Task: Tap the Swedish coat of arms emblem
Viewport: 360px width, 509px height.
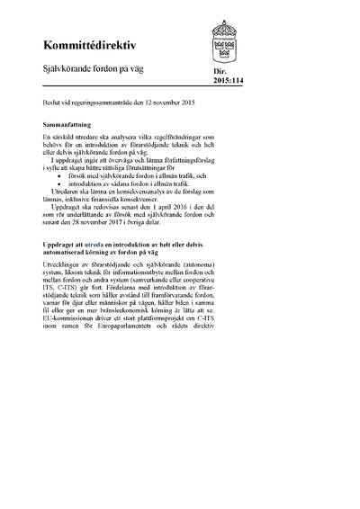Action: tap(226, 41)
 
